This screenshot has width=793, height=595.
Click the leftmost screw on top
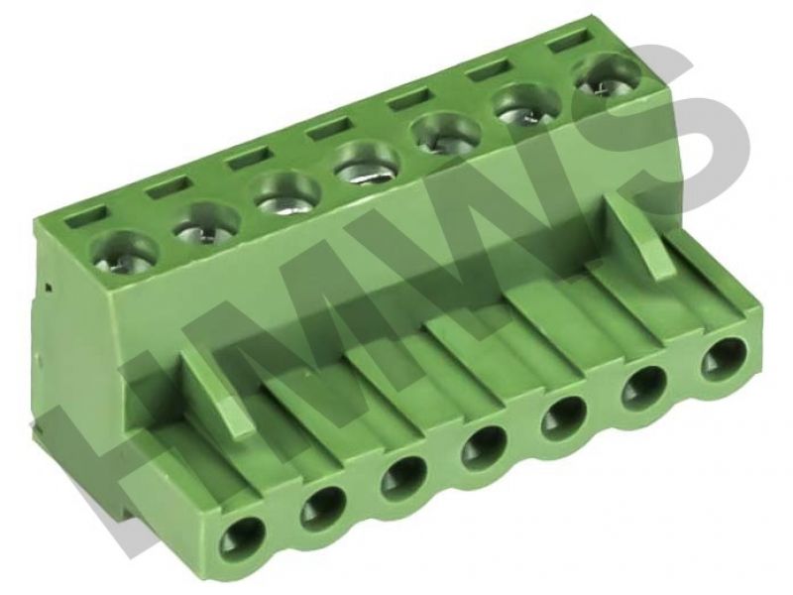(124, 253)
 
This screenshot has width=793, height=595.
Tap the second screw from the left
(207, 225)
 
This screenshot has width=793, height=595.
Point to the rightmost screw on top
(607, 76)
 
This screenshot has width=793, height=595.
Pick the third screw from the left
(287, 193)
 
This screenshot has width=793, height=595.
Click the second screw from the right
(528, 105)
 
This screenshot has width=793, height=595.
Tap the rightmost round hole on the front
(724, 361)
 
